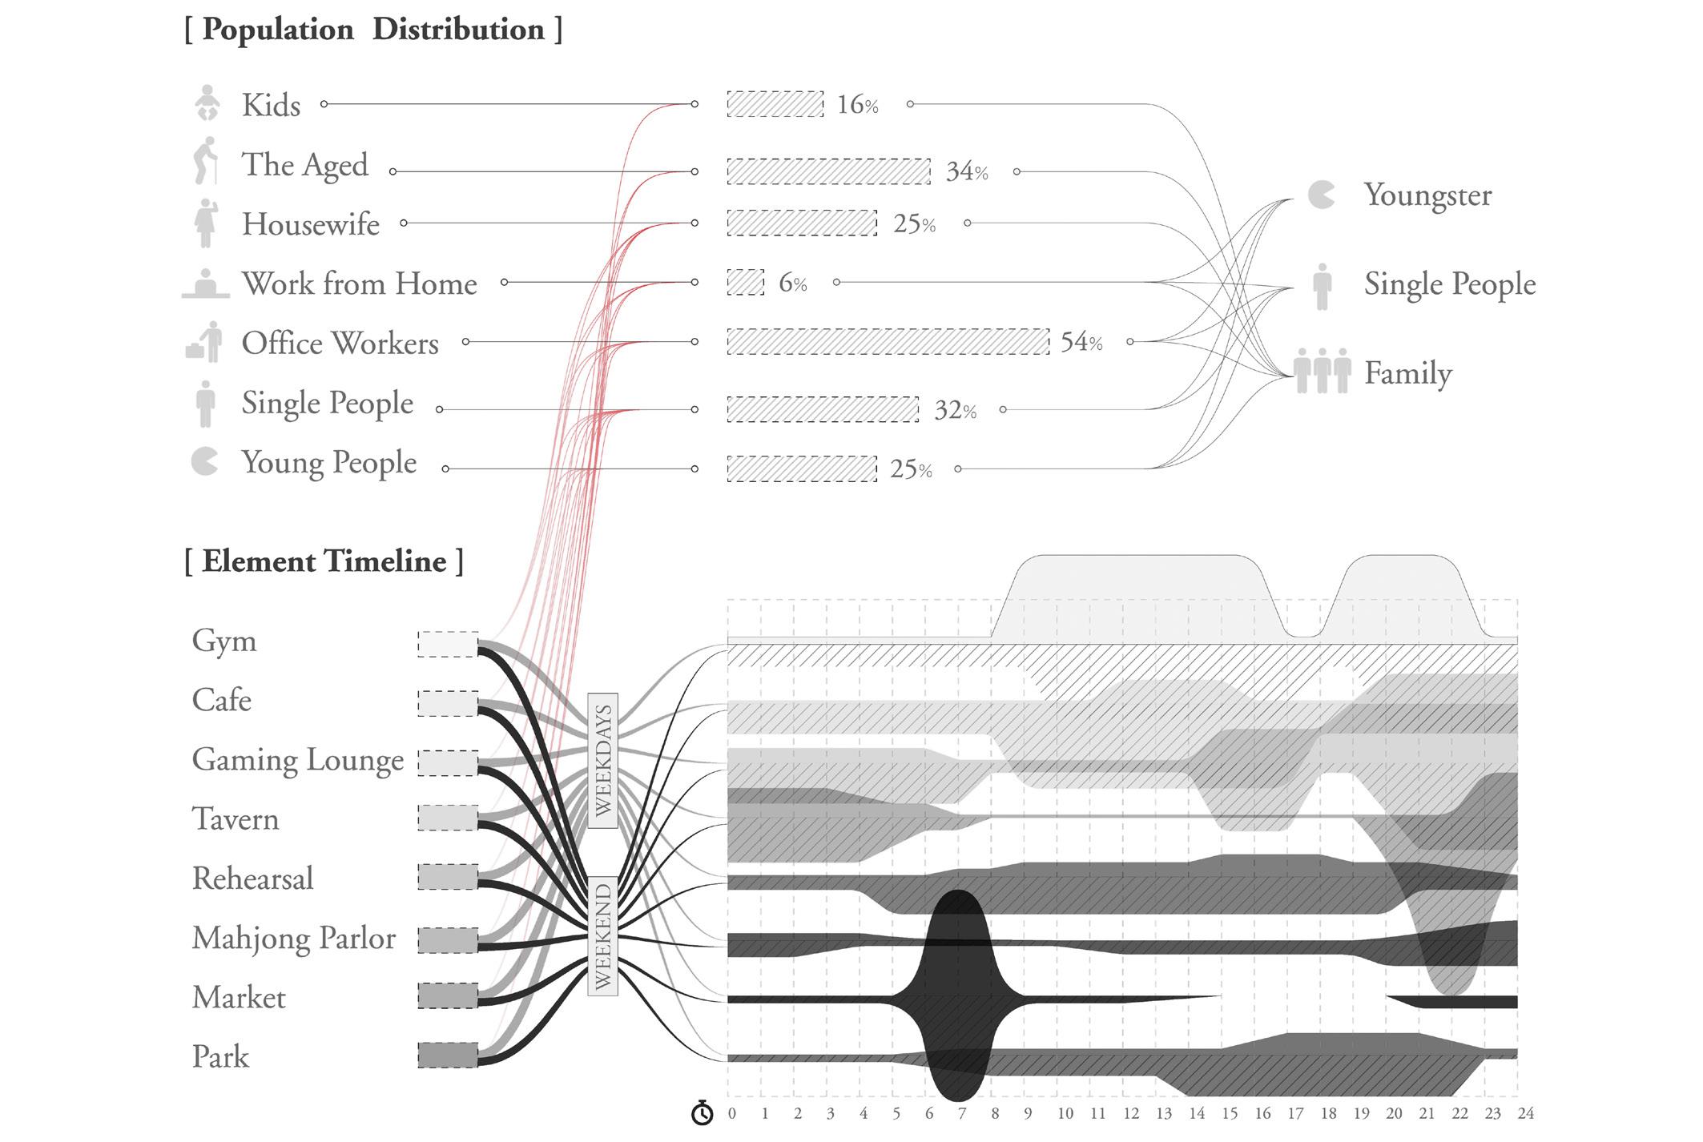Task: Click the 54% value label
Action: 1081,342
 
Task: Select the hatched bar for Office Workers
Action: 888,342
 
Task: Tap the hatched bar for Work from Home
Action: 745,282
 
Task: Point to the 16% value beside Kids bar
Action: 857,104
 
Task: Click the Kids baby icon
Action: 207,103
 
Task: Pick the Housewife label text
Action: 311,224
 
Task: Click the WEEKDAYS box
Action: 602,759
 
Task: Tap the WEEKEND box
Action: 602,935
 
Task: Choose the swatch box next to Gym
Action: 448,644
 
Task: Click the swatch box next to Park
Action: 448,1056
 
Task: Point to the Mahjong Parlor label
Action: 293,938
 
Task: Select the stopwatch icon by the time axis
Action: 702,1112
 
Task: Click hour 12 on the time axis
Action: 1130,1113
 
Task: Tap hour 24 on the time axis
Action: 1525,1113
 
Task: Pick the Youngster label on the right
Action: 1427,195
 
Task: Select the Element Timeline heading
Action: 324,561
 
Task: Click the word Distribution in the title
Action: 458,30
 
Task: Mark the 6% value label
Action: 792,283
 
